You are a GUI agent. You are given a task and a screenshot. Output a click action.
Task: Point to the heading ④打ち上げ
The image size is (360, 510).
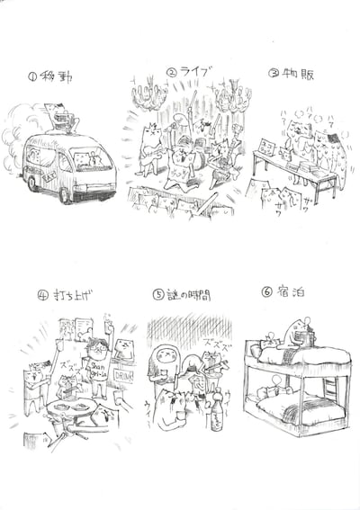[x=65, y=294]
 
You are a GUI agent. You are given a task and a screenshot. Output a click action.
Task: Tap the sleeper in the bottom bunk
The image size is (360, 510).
[x=270, y=393]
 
